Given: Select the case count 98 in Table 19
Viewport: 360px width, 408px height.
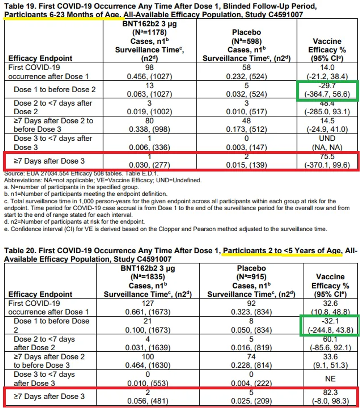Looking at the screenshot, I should click(x=149, y=68).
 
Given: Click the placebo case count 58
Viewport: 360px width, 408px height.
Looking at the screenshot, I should click(x=246, y=68).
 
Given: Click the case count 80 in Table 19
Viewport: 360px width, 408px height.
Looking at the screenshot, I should click(x=149, y=121).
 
